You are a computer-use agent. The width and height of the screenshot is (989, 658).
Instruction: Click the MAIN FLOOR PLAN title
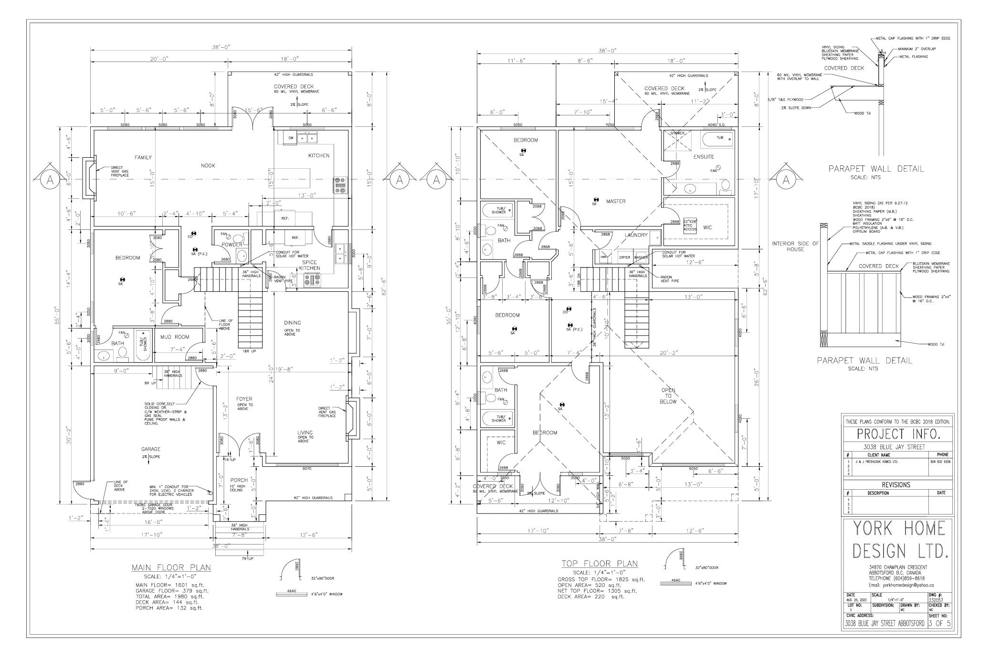pyautogui.click(x=171, y=567)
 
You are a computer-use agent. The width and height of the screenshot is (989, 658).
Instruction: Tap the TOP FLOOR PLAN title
pyautogui.click(x=600, y=564)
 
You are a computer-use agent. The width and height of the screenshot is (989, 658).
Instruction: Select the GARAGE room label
pyautogui.click(x=150, y=449)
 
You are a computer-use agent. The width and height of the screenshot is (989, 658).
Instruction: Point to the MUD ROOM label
pyautogui.click(x=175, y=337)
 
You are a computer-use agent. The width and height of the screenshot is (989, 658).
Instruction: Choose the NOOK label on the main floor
pyautogui.click(x=208, y=165)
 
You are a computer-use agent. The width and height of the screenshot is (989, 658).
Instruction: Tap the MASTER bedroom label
pyautogui.click(x=615, y=201)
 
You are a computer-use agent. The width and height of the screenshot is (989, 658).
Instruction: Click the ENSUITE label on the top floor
pyautogui.click(x=704, y=157)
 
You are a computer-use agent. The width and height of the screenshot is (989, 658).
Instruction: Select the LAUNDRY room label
pyautogui.click(x=636, y=235)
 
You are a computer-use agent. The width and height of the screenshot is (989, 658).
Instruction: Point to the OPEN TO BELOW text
pyautogui.click(x=668, y=396)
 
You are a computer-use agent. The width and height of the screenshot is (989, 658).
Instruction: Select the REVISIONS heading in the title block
pyautogui.click(x=896, y=485)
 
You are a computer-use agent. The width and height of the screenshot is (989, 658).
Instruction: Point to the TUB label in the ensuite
pyautogui.click(x=720, y=138)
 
